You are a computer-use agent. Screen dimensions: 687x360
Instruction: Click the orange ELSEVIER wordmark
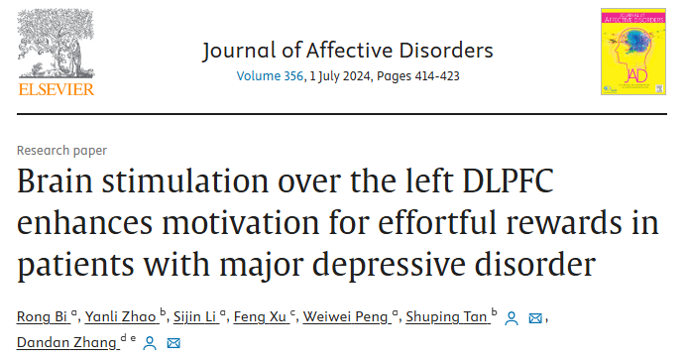[57, 89]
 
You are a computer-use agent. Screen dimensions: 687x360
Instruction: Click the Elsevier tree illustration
[56, 44]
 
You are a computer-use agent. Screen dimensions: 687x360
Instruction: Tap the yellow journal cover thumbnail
[633, 52]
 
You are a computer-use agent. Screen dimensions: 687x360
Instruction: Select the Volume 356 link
[270, 76]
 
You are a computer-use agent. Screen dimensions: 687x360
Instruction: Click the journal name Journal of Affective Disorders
[348, 51]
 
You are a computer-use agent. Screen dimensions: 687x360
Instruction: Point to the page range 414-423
[437, 76]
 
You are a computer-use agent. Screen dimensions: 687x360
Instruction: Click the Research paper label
[61, 151]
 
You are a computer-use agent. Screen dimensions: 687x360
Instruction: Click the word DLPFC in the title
[508, 180]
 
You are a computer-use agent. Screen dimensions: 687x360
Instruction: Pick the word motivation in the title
[241, 222]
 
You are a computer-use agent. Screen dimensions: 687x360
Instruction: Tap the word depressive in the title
[389, 265]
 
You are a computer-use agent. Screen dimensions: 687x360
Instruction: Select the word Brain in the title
[55, 180]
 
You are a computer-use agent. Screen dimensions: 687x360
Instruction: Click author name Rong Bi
[42, 316]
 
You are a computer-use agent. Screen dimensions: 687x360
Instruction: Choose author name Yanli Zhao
[121, 316]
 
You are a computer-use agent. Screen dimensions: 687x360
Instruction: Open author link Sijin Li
[195, 316]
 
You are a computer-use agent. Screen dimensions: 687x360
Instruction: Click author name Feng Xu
[260, 316]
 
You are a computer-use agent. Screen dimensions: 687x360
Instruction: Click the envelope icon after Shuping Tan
[535, 318]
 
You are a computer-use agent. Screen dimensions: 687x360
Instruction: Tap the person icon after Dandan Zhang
[150, 343]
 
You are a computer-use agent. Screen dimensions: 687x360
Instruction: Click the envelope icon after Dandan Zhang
[173, 343]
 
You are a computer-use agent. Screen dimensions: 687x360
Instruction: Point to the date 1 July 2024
[340, 76]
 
